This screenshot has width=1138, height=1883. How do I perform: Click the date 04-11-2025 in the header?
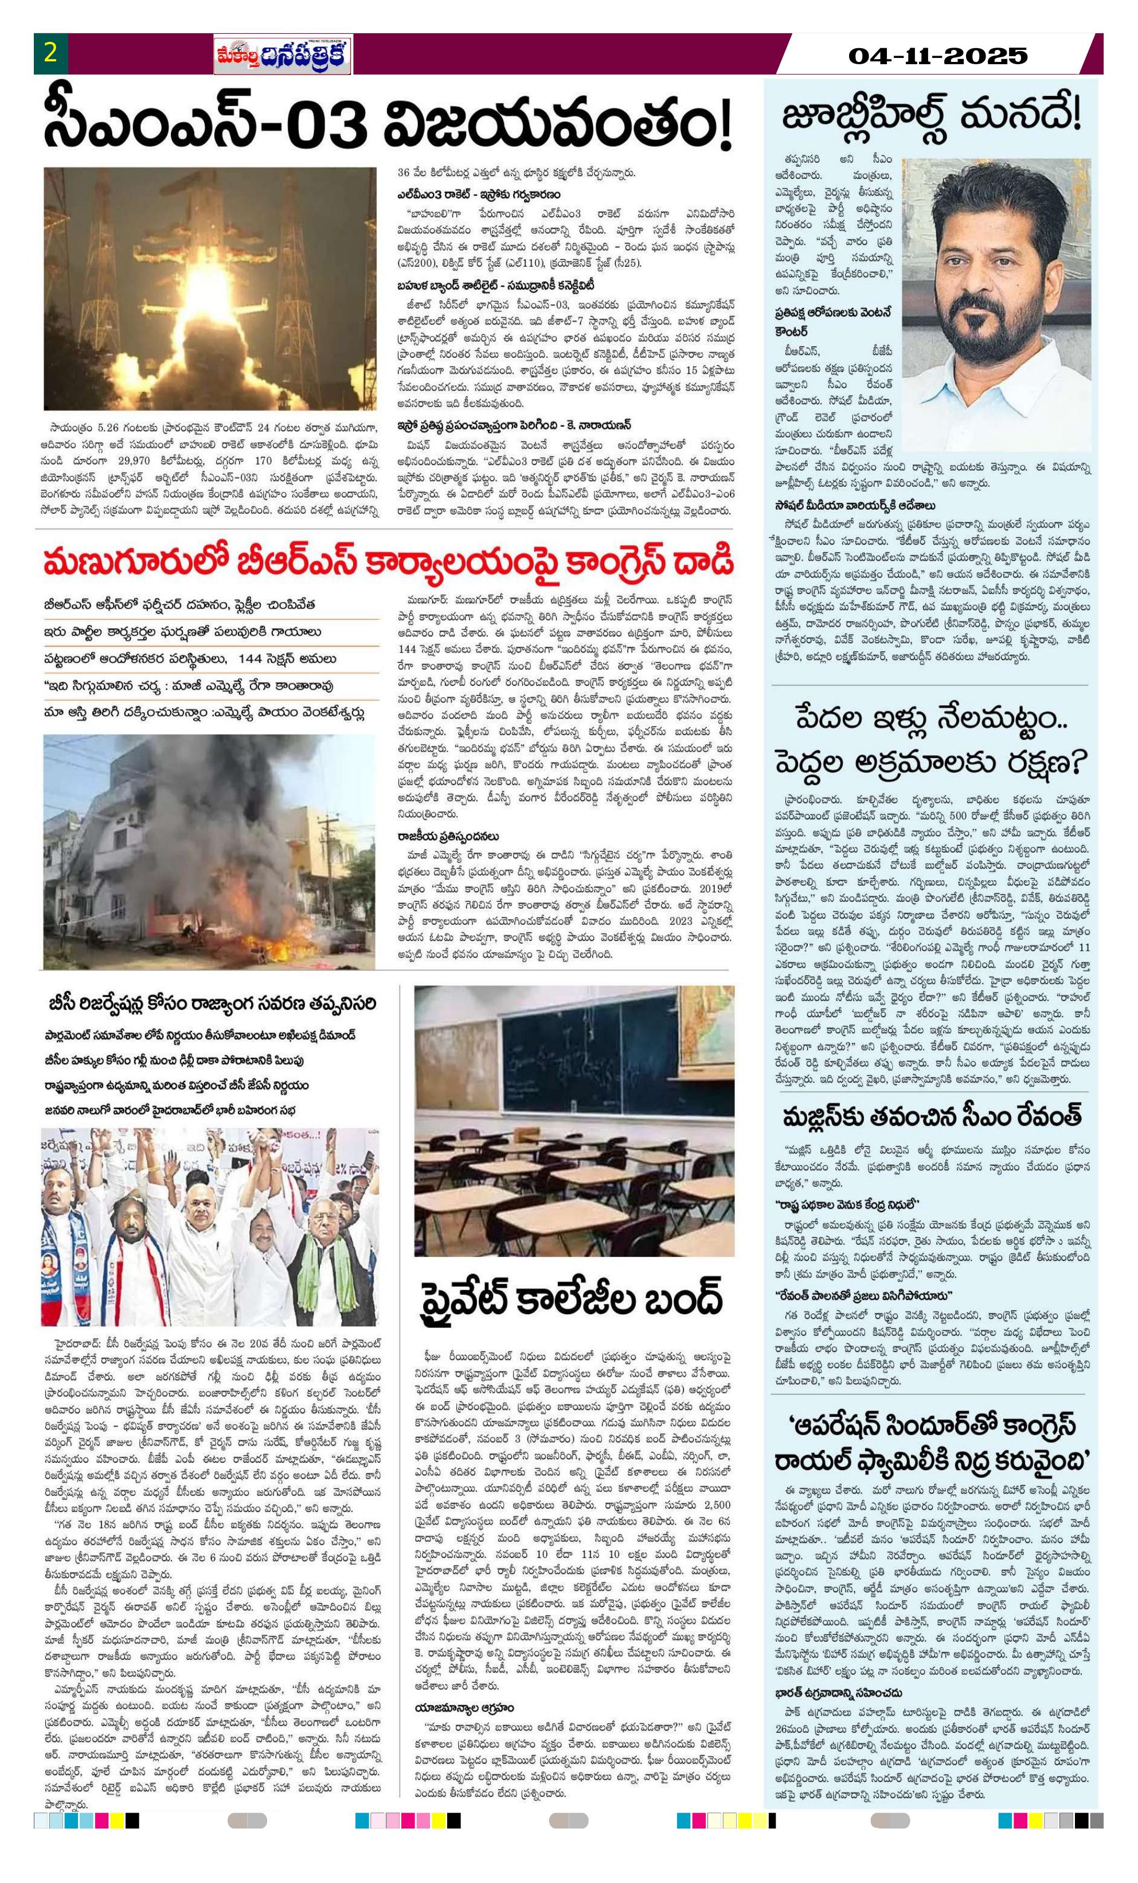(939, 56)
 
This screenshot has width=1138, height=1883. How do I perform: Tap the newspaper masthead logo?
(282, 56)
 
